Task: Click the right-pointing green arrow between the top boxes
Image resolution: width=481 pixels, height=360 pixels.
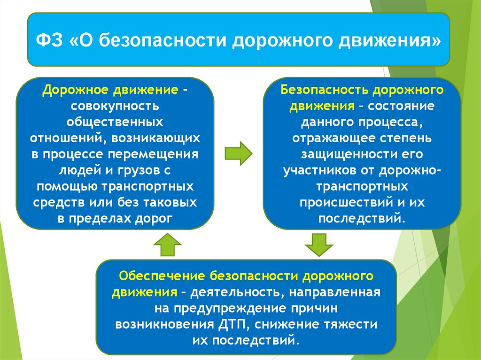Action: (x=238, y=153)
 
